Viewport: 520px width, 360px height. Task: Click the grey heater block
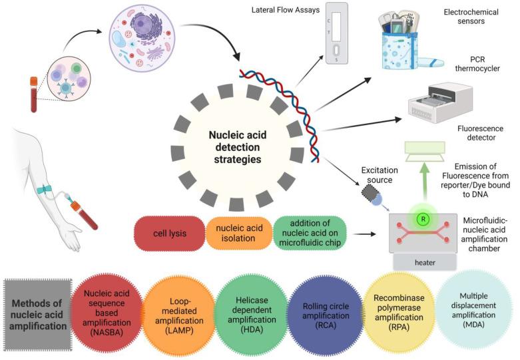(424, 262)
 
